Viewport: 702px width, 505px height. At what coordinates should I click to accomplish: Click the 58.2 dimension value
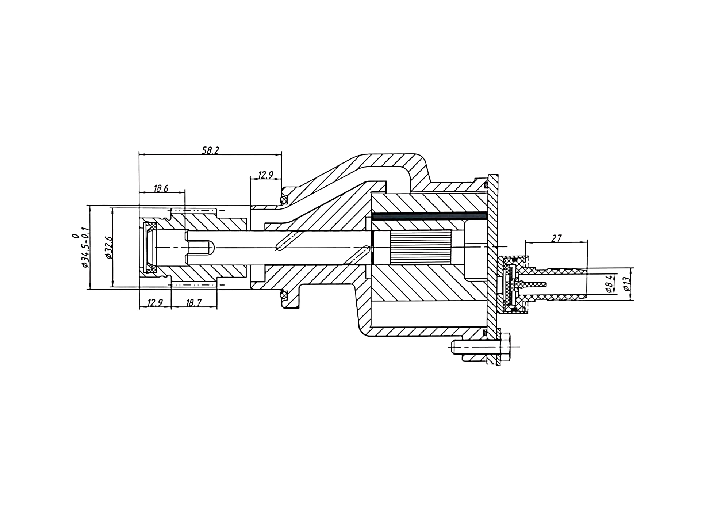(x=211, y=150)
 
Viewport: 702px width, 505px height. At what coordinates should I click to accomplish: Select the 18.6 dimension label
(x=161, y=188)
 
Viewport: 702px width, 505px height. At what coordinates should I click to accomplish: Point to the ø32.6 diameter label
(x=108, y=248)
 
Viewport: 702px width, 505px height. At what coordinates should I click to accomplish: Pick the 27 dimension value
(x=556, y=238)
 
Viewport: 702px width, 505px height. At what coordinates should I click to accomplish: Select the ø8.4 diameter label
(x=609, y=284)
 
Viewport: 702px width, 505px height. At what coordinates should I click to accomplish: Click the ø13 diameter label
(x=626, y=284)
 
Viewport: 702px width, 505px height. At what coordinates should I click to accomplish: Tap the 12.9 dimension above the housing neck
(x=265, y=175)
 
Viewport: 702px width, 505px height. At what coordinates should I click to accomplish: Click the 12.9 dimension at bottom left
(x=155, y=303)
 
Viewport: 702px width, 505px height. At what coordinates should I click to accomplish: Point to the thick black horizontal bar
(x=430, y=216)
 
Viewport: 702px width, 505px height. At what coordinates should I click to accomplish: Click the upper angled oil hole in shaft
(x=286, y=241)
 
